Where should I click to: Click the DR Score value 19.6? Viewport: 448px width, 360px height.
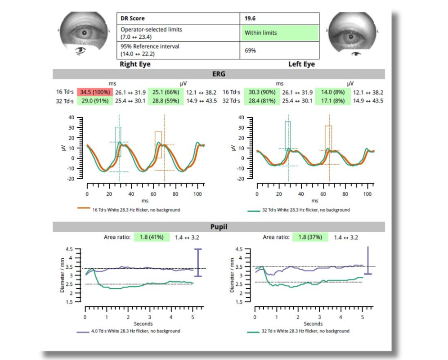coord(250,19)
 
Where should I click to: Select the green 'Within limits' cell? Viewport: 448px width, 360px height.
coord(280,33)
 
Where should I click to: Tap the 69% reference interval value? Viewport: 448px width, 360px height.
coord(250,50)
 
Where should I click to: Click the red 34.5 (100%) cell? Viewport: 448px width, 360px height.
coord(94,92)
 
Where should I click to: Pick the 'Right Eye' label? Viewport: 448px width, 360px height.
coord(135,64)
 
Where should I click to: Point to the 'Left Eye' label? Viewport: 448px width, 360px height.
coord(301,64)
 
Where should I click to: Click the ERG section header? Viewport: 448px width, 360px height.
coord(219,74)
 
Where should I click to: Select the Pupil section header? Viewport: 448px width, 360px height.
coord(219,227)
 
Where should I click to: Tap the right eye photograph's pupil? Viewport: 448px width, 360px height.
coord(84,33)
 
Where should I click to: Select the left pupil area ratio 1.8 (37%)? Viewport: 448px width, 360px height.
coord(310,237)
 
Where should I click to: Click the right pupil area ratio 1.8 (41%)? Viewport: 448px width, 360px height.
coord(151,237)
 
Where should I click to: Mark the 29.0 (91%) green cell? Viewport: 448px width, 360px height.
coord(94,101)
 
